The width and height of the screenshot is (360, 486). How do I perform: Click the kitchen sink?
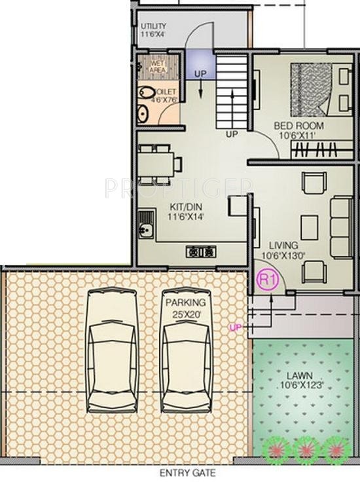tap(145, 233)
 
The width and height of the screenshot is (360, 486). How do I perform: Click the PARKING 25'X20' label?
tap(185, 308)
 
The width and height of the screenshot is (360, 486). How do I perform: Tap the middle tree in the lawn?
tap(305, 449)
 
